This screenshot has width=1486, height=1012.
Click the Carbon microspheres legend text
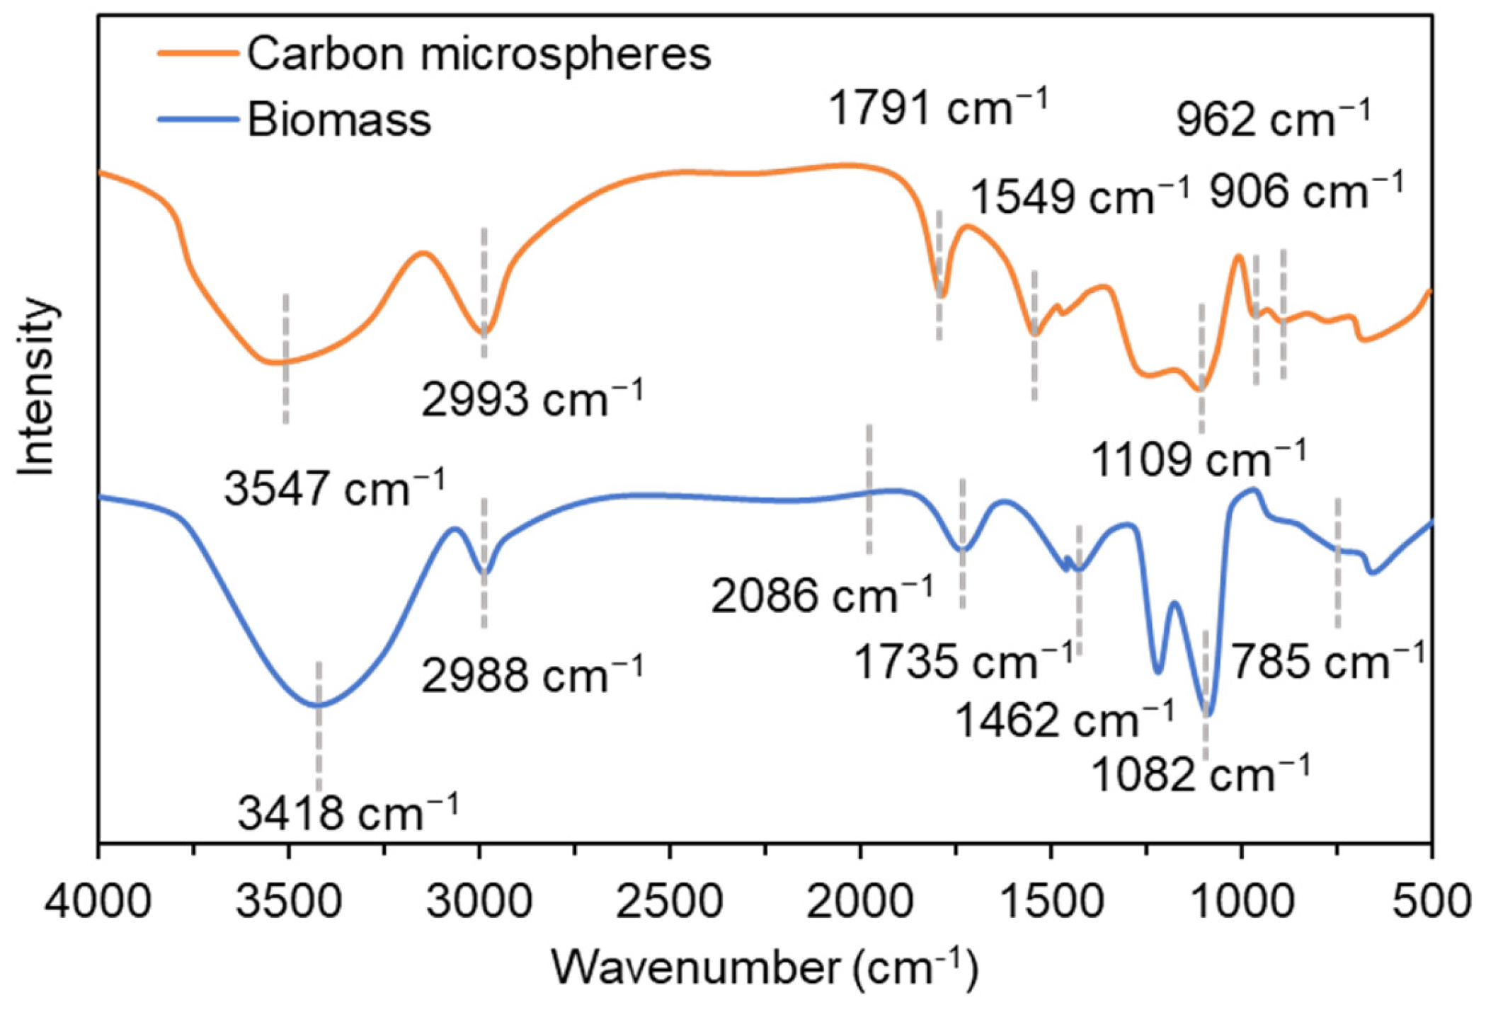click(x=479, y=54)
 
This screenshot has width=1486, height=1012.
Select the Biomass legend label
click(x=338, y=120)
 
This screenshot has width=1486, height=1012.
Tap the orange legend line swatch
click(x=198, y=53)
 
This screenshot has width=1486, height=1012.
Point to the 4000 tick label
click(x=98, y=903)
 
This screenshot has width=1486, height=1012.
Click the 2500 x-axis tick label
click(x=669, y=903)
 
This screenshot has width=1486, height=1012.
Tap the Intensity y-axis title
click(x=37, y=387)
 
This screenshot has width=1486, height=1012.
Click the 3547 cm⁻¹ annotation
click(x=335, y=488)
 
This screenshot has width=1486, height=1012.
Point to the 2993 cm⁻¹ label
click(x=532, y=399)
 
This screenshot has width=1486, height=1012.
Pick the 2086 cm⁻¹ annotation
click(x=822, y=595)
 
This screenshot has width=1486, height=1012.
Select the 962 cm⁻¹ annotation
click(x=1273, y=119)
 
